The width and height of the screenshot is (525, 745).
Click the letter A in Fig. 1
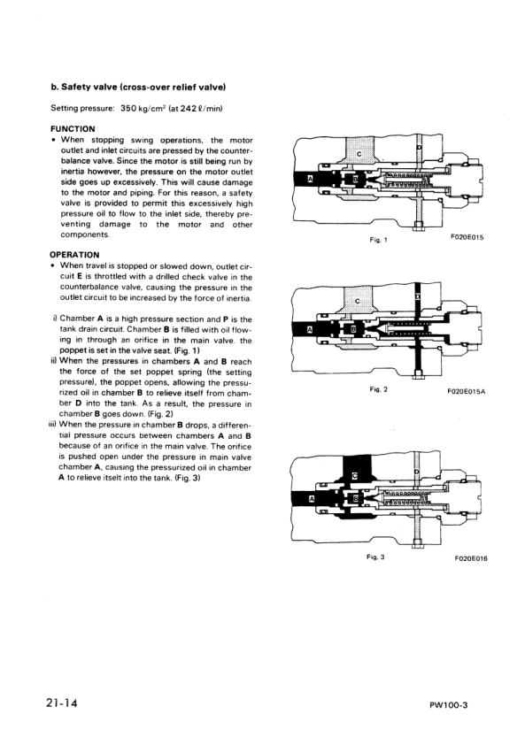[310, 179]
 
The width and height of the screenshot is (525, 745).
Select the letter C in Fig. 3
[355, 477]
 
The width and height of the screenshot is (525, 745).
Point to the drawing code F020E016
[471, 559]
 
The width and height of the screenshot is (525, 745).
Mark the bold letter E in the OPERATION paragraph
[71, 276]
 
